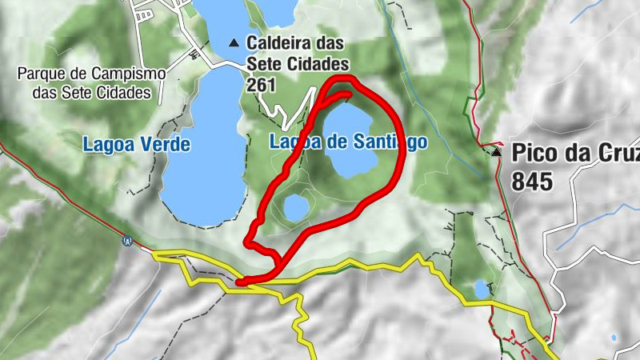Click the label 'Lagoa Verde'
(x=136, y=145)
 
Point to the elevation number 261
(x=263, y=83)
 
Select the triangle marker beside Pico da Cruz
(x=497, y=151)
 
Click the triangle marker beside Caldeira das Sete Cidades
(x=234, y=42)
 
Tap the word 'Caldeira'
(x=281, y=42)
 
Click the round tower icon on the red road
(x=126, y=239)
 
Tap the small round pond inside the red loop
(x=295, y=208)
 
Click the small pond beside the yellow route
(x=480, y=287)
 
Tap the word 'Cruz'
(x=614, y=152)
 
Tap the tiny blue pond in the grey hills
(x=614, y=338)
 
